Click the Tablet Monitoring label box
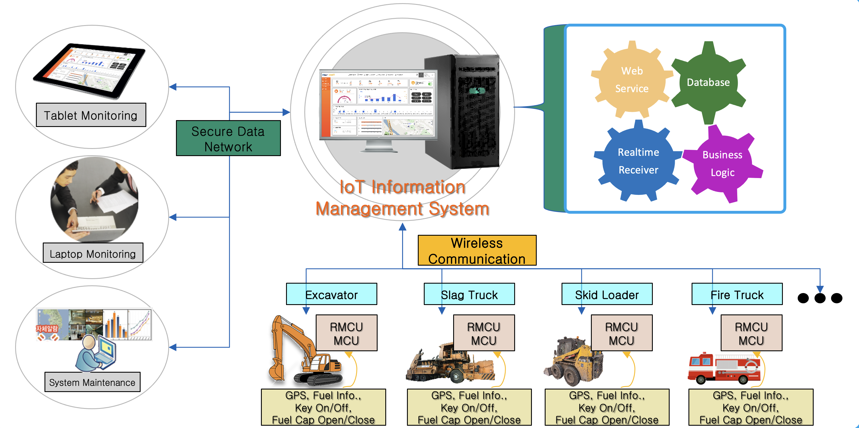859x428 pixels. [x=91, y=115]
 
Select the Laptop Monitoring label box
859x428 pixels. [x=93, y=253]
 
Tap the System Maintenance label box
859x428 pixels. [x=92, y=382]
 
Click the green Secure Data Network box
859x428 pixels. [x=228, y=138]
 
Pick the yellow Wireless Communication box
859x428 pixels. [x=477, y=251]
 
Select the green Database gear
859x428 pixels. [x=708, y=82]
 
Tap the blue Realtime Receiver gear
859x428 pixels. [x=638, y=161]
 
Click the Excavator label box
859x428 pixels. [x=331, y=294]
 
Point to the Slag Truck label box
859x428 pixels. [x=469, y=294]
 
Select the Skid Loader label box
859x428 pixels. [x=607, y=294]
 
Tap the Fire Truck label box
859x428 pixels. [x=737, y=294]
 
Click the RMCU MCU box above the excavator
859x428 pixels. [x=347, y=333]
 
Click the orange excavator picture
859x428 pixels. [x=300, y=357]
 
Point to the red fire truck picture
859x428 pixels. [x=724, y=369]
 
